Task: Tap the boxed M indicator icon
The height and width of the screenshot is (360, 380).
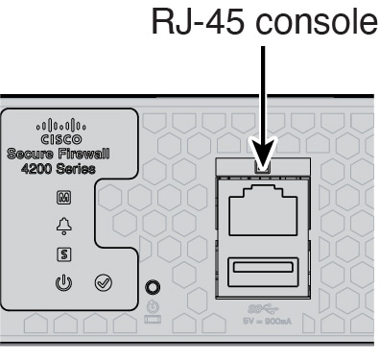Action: [x=64, y=198]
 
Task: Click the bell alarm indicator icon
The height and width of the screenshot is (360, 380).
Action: [x=64, y=226]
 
